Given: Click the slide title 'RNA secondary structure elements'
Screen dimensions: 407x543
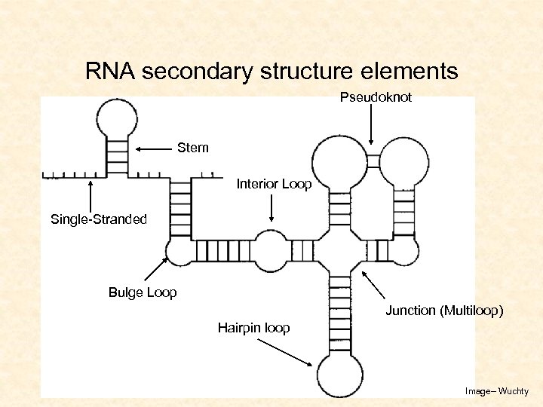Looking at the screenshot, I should point(271,72).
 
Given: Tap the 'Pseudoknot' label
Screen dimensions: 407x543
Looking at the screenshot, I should point(376,97).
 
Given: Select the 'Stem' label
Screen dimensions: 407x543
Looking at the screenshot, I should point(192,148).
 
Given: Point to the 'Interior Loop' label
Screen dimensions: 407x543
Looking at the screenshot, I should point(274,184).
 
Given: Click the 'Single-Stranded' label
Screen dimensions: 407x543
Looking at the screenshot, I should point(98,219).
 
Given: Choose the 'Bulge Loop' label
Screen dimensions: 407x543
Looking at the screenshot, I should point(143,292).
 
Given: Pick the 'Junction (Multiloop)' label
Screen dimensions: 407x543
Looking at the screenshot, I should point(444,310).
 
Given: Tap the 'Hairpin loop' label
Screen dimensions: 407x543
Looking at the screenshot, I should point(253,327).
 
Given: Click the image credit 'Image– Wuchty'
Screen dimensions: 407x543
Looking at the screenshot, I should point(497,391).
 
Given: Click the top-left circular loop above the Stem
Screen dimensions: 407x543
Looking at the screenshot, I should point(117,118).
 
